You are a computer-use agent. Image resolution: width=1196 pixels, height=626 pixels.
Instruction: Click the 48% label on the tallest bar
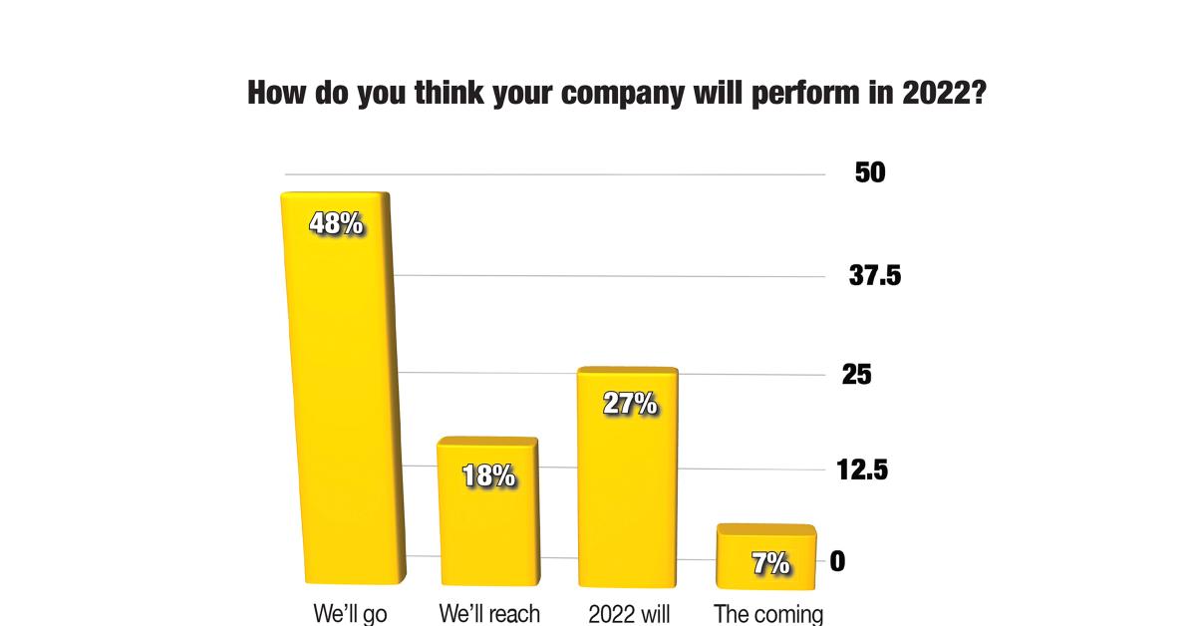coord(336,223)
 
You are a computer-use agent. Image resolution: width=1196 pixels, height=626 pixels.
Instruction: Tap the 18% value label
coord(488,476)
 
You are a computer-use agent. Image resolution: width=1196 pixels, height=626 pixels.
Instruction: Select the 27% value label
coord(630,404)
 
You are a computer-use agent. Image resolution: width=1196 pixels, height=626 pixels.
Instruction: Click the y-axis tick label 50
coord(870,172)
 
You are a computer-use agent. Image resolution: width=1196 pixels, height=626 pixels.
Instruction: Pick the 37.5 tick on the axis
coord(875,276)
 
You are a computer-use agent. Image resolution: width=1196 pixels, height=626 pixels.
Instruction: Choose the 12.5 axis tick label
coord(861,469)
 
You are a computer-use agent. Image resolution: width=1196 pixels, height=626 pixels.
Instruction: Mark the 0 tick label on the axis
coord(837,562)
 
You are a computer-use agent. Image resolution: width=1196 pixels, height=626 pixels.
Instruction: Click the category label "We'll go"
coord(350,613)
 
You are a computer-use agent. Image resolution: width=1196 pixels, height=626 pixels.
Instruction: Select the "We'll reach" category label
coord(489,613)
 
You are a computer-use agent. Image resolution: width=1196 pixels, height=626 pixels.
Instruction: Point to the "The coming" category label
coord(768,613)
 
